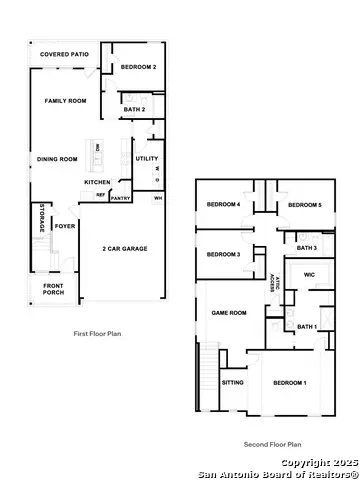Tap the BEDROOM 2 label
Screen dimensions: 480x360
pos(138,67)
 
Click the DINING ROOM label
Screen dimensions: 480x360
pos(57,158)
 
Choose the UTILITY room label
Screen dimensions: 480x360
pos(146,158)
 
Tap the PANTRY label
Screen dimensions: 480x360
pos(121,199)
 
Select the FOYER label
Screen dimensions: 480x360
pos(65,227)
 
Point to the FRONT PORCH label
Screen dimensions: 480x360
pos(53,290)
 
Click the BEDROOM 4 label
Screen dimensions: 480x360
pos(222,205)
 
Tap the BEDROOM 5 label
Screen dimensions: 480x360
pos(304,205)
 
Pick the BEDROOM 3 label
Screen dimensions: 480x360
pos(222,254)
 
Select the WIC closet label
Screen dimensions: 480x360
pos(308,273)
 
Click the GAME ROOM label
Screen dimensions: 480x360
pos(229,313)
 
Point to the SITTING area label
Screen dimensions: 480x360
pos(233,382)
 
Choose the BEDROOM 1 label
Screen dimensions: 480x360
pos(291,383)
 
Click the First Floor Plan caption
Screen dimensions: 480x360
pos(98,333)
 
